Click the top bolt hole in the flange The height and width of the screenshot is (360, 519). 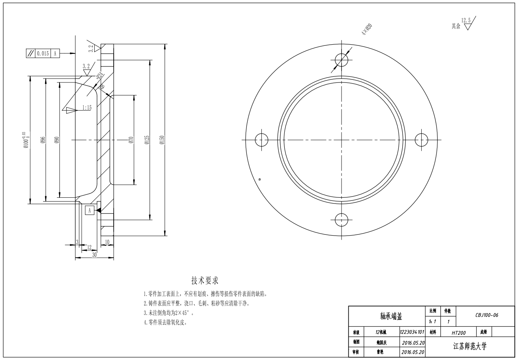pyautogui.click(x=342, y=60)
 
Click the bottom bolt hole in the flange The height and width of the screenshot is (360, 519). pyautogui.click(x=342, y=220)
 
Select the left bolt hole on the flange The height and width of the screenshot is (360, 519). pyautogui.click(x=261, y=140)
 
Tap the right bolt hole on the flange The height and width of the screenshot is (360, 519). pyautogui.click(x=422, y=140)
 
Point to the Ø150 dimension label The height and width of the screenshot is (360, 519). pyautogui.click(x=162, y=140)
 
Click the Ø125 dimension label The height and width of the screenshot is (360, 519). pyautogui.click(x=147, y=140)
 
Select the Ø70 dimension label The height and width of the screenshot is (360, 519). pyautogui.click(x=131, y=140)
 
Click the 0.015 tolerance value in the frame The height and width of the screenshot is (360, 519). pyautogui.click(x=43, y=53)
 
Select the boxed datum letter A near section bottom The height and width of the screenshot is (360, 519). pyautogui.click(x=89, y=210)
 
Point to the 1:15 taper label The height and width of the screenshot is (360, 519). pyautogui.click(x=87, y=108)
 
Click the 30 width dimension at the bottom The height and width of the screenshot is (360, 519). pyautogui.click(x=94, y=255)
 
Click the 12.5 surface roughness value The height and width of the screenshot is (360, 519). pyautogui.click(x=466, y=20)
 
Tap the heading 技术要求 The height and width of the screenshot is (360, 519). pyautogui.click(x=205, y=281)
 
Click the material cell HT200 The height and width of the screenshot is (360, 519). pyautogui.click(x=459, y=333)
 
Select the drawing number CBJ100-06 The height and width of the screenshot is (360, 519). pyautogui.click(x=487, y=315)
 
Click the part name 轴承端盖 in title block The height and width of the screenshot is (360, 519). pyautogui.click(x=391, y=316)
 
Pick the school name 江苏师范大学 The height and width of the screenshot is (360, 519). pyautogui.click(x=470, y=347)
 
